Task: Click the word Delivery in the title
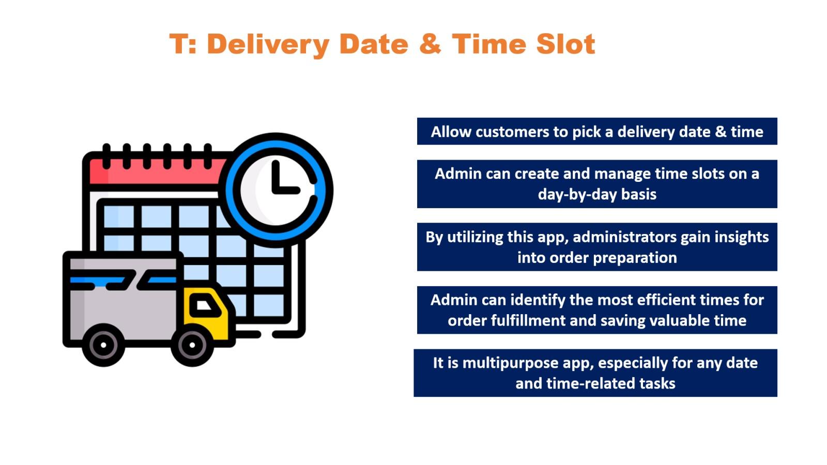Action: click(268, 44)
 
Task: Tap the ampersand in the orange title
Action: click(430, 44)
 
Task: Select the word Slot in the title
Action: click(565, 44)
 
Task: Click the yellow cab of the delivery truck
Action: click(207, 315)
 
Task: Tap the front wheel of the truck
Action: click(192, 345)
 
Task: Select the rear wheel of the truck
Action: click(103, 345)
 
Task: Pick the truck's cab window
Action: click(204, 305)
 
